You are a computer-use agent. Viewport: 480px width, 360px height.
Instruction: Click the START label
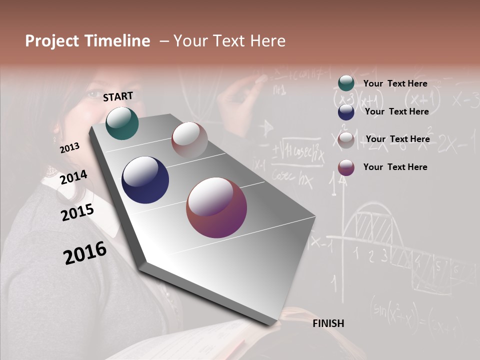[118, 96]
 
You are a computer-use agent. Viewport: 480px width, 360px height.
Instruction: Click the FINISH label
[328, 323]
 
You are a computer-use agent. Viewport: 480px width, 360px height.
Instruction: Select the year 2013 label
[69, 148]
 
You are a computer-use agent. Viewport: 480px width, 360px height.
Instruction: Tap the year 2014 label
[73, 177]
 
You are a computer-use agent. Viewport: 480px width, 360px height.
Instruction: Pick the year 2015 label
[77, 212]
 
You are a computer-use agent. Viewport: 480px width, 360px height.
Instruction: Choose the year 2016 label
[85, 252]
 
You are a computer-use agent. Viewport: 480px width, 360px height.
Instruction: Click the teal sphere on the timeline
[122, 123]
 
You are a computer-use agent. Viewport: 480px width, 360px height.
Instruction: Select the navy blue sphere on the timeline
[145, 180]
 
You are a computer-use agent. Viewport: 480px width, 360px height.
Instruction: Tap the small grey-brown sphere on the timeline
[189, 140]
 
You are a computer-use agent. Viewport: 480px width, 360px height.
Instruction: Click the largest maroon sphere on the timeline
[216, 207]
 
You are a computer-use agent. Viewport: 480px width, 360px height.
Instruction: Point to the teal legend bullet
[346, 83]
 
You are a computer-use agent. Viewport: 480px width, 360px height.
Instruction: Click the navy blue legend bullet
[346, 112]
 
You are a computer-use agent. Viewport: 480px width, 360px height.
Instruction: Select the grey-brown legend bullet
[346, 140]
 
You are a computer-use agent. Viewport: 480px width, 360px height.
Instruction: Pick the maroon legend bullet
[346, 167]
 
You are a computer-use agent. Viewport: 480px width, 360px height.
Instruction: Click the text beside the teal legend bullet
[395, 83]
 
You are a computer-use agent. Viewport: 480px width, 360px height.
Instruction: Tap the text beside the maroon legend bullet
[395, 167]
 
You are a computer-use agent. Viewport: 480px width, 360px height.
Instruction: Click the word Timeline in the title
[117, 41]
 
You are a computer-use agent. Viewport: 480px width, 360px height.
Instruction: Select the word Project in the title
[52, 41]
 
